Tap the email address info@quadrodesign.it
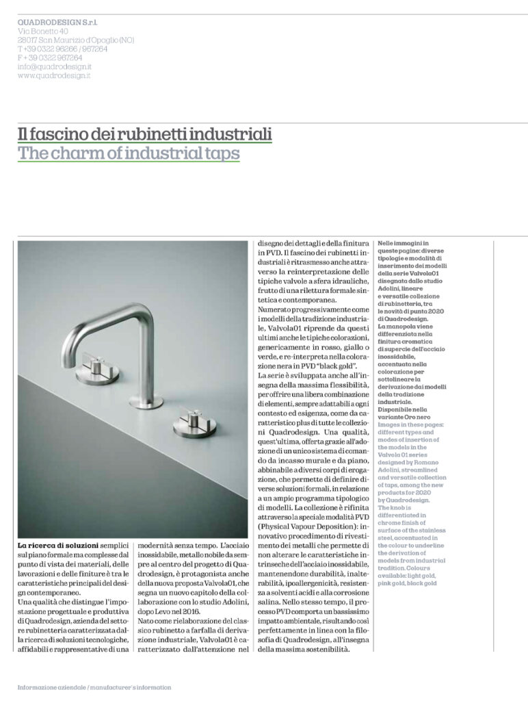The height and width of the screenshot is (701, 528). [55, 66]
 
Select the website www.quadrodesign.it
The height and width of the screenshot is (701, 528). [55, 75]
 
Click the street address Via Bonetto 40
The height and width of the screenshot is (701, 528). [43, 31]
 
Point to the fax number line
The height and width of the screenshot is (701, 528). [50, 58]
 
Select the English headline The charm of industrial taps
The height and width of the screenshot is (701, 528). [129, 153]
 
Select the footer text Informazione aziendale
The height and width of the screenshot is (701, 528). [52, 687]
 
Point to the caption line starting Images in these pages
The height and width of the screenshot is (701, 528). [410, 424]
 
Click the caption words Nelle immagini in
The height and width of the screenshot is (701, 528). [404, 243]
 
